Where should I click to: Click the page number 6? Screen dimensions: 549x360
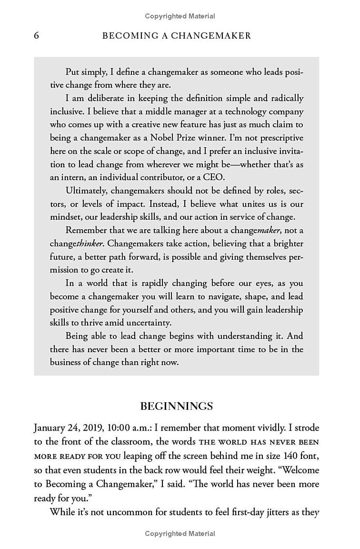36,36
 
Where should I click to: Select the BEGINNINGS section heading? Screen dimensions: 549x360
176,406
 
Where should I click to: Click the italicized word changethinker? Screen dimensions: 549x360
76,244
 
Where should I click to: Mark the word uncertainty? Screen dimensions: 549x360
149,323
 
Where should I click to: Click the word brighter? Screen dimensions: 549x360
286,244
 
